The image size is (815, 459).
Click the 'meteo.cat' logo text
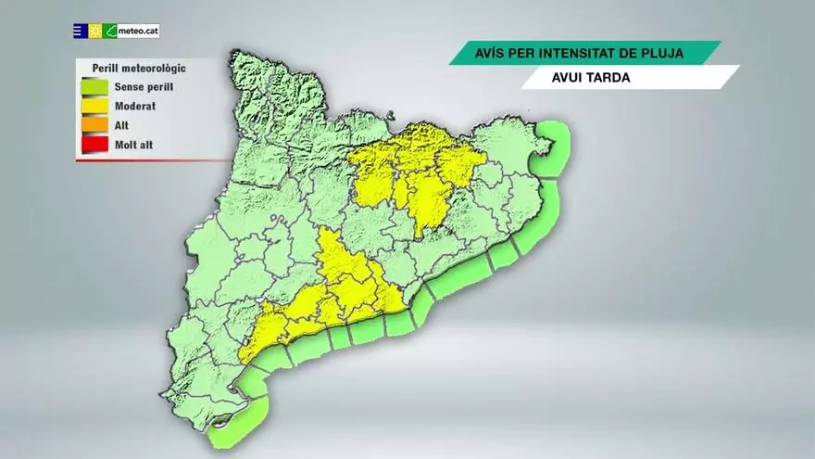(139, 32)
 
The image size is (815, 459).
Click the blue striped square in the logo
(81, 32)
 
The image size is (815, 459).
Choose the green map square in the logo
(110, 32)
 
